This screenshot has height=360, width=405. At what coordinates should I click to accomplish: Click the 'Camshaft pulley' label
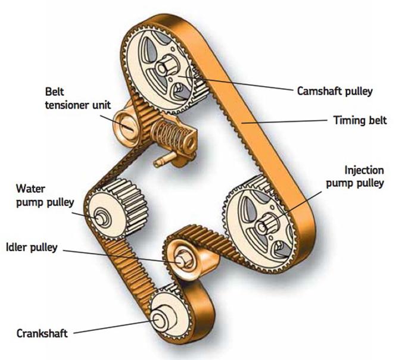click(335, 91)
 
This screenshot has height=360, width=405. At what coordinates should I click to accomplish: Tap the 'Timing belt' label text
click(359, 120)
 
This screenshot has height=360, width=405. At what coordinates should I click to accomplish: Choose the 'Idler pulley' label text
click(31, 246)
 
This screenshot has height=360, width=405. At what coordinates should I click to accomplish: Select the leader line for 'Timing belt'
click(286, 121)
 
